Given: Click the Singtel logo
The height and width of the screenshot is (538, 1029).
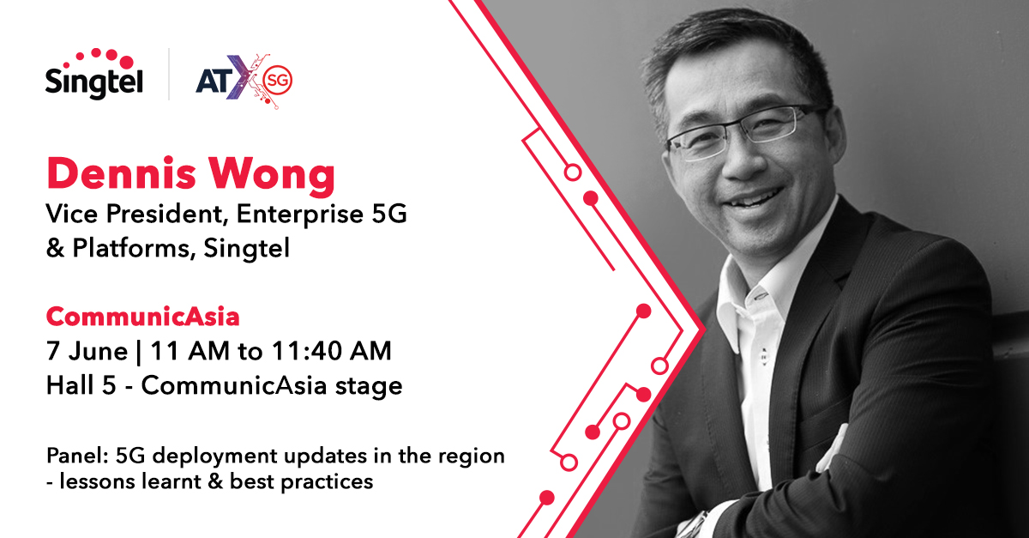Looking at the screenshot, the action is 94,74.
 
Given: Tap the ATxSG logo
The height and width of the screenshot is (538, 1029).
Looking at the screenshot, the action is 244,81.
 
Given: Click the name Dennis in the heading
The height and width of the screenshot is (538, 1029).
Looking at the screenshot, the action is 121,174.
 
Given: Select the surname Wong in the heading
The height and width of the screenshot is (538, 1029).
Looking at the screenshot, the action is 273,175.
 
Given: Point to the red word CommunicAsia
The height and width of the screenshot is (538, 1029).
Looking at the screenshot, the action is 143,317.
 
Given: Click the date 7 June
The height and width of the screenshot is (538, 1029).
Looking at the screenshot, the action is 87,351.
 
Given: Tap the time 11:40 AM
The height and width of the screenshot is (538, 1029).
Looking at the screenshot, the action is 331,351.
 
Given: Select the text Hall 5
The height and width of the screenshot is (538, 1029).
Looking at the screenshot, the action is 81,385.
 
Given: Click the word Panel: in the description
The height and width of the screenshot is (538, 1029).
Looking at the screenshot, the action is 76,456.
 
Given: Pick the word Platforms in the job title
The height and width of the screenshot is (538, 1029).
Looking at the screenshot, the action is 131,248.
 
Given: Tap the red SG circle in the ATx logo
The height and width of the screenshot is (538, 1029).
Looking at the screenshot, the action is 278,80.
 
